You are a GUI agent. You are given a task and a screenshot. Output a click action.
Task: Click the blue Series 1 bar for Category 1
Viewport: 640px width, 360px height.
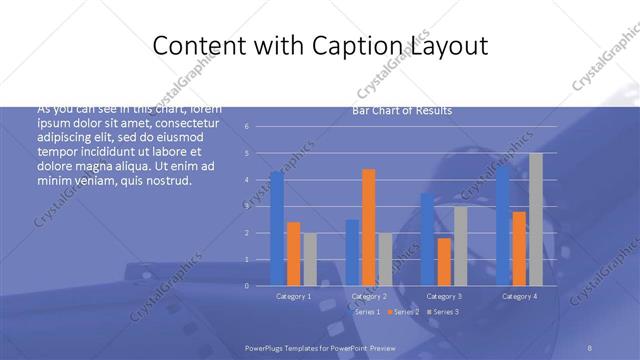(277, 229)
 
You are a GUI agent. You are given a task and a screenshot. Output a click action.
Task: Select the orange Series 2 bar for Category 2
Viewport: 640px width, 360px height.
(368, 227)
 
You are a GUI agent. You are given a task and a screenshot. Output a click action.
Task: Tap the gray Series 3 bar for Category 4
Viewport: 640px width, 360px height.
(536, 219)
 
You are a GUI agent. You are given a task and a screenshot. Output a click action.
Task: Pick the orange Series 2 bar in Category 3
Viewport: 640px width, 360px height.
(444, 262)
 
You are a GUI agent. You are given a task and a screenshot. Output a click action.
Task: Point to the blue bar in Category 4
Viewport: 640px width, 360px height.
(503, 226)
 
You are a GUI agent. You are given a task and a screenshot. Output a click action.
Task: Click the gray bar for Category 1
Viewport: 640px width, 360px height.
(310, 259)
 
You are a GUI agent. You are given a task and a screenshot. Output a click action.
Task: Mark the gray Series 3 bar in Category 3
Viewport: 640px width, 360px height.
(460, 246)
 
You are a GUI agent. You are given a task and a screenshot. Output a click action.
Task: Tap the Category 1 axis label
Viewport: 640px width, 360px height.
(293, 296)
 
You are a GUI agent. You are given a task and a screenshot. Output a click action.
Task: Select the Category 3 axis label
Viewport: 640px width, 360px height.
(444, 296)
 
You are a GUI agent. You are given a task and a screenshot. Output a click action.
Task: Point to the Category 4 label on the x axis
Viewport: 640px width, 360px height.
(519, 296)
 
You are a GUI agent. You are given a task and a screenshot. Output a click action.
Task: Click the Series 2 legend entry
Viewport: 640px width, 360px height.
(403, 312)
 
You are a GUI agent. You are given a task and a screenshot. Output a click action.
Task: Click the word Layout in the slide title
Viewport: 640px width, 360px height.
(443, 46)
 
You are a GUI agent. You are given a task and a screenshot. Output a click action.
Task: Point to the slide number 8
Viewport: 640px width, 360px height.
(590, 346)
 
